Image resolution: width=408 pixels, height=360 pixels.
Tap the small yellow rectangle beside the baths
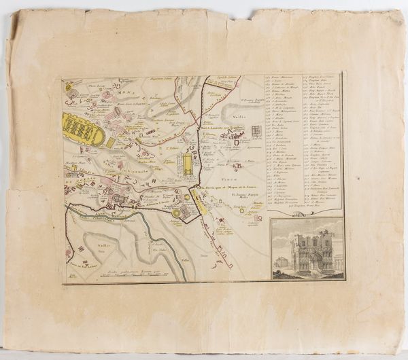[x=110, y=143]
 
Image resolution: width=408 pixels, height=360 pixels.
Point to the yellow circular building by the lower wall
[x=176, y=212]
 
